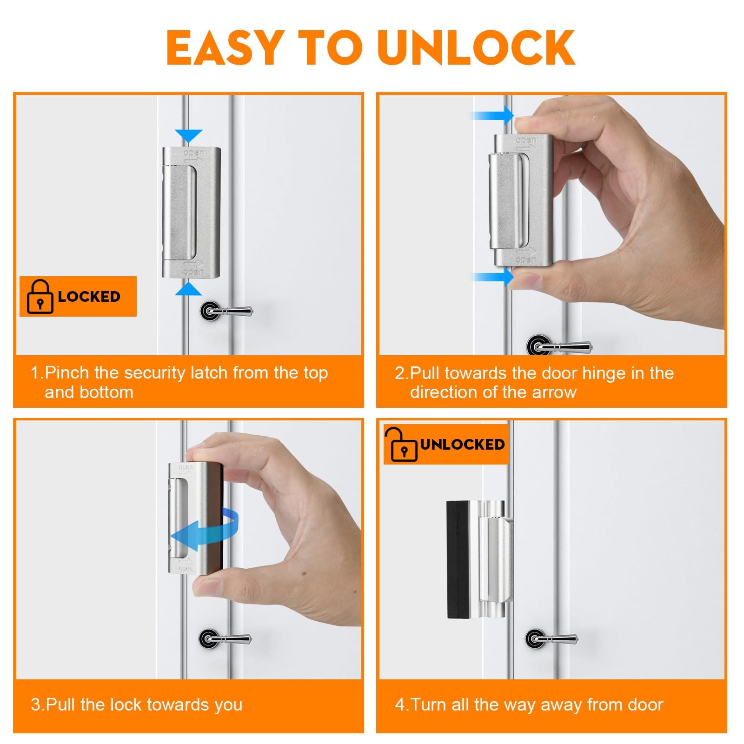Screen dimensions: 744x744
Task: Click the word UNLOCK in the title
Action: pyautogui.click(x=477, y=47)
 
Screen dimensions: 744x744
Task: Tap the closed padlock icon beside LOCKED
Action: pyautogui.click(x=40, y=296)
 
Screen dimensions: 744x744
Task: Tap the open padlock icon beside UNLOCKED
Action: pyautogui.click(x=401, y=444)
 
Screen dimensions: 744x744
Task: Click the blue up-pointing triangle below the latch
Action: pyautogui.click(x=189, y=289)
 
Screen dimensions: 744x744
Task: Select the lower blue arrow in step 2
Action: pyautogui.click(x=493, y=278)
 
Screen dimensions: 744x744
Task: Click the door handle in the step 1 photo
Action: pyautogui.click(x=226, y=310)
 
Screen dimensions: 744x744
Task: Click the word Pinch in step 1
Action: pyautogui.click(x=66, y=373)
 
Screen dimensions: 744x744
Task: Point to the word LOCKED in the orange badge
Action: pyautogui.click(x=89, y=297)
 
